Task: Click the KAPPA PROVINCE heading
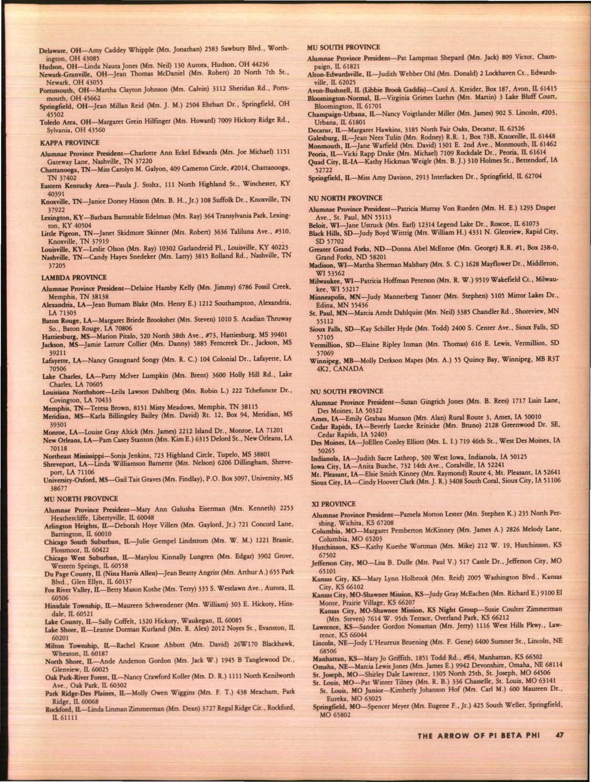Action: point(70,143)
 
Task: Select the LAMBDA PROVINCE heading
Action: point(73,277)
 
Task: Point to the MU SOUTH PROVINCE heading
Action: point(343,47)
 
